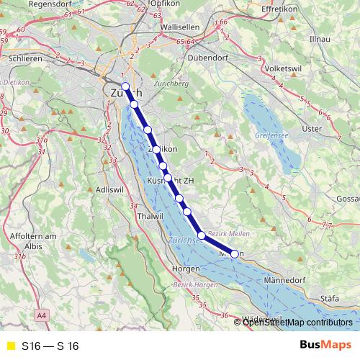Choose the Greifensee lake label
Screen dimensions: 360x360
[x=271, y=135]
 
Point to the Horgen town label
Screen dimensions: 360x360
[x=186, y=269]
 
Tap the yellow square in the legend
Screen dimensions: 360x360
[x=9, y=346]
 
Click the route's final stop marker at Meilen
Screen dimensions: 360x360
[x=234, y=253]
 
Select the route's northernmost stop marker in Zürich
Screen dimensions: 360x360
[x=125, y=86]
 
